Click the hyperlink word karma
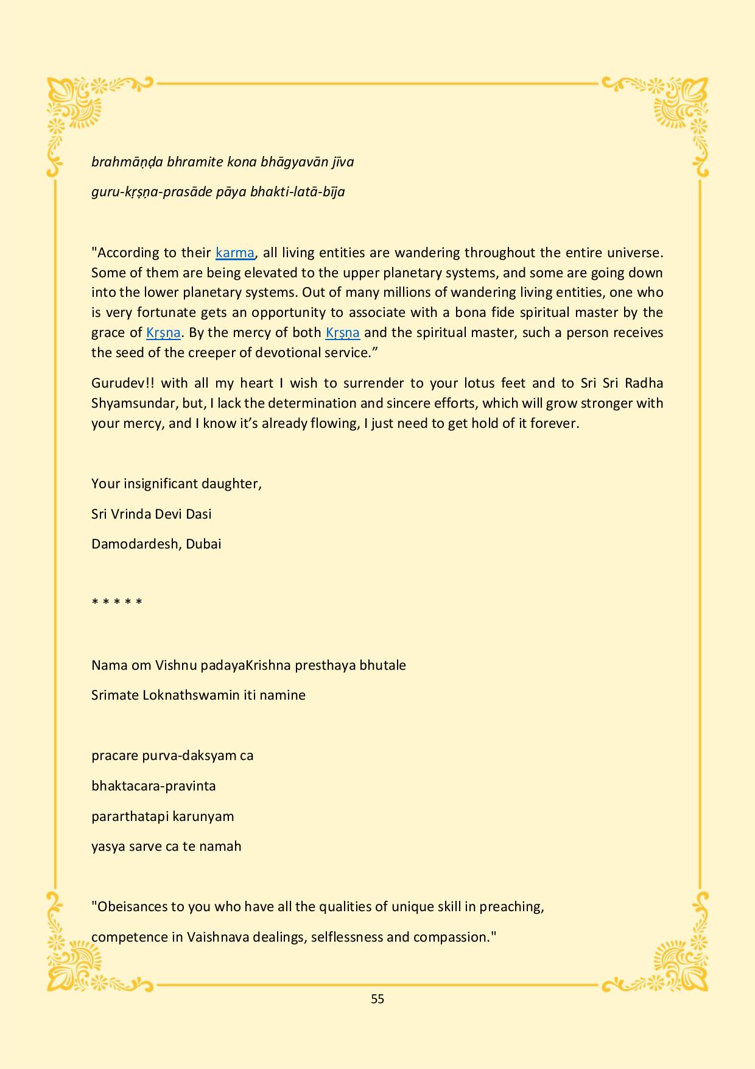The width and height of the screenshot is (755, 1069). (x=234, y=252)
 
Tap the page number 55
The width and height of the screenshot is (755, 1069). (x=377, y=998)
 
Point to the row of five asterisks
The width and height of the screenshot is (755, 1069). (x=117, y=603)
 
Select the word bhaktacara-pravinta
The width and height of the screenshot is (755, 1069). (x=153, y=786)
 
